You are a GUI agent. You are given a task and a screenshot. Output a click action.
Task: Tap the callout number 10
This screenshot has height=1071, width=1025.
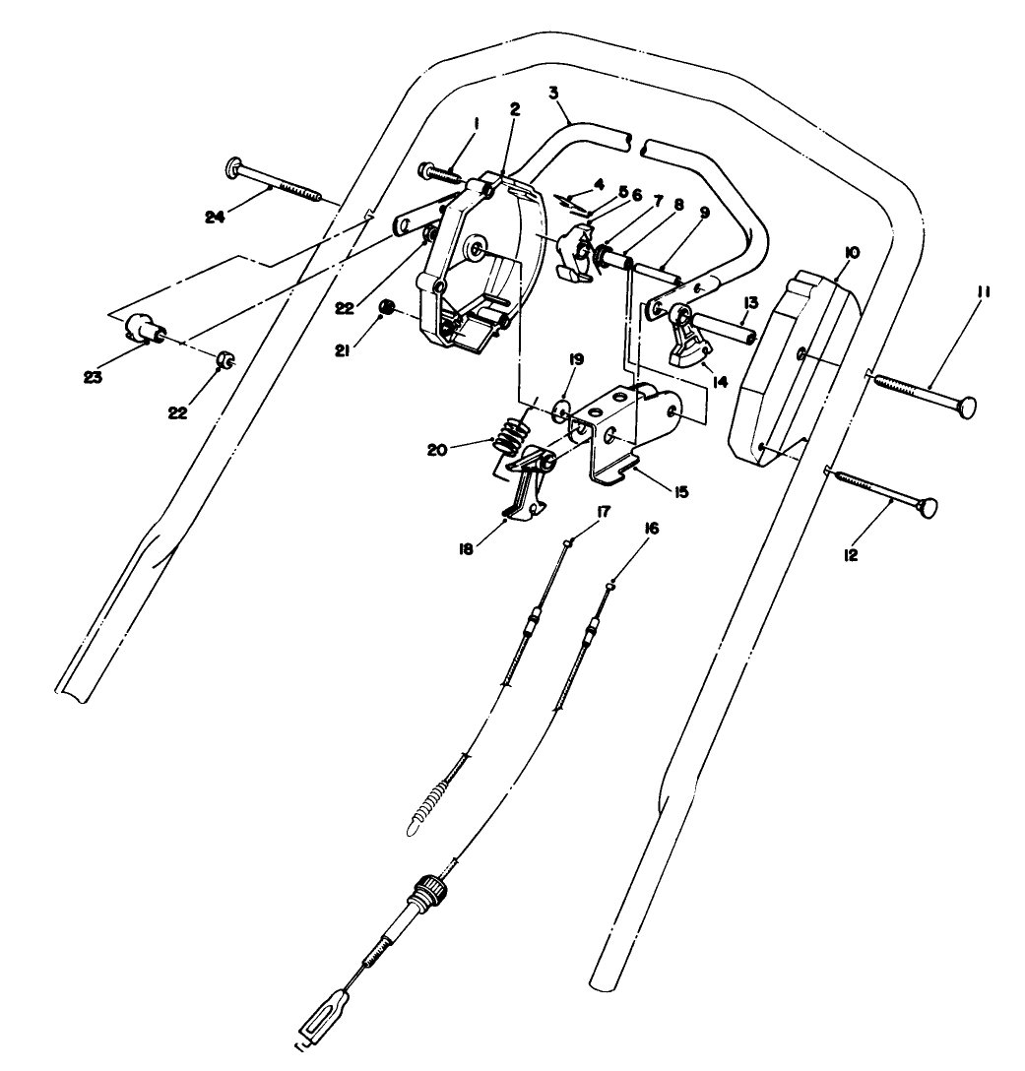(852, 253)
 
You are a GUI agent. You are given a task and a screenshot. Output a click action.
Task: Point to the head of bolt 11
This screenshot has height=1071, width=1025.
(969, 406)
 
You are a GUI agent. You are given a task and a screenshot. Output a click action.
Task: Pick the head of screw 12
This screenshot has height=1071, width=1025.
(926, 507)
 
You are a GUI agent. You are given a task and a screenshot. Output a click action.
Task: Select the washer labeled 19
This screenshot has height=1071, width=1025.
(560, 409)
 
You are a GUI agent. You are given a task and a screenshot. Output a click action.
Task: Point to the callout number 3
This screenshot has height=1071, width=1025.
(554, 93)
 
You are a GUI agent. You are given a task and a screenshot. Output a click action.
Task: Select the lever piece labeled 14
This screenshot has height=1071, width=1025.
(691, 342)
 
